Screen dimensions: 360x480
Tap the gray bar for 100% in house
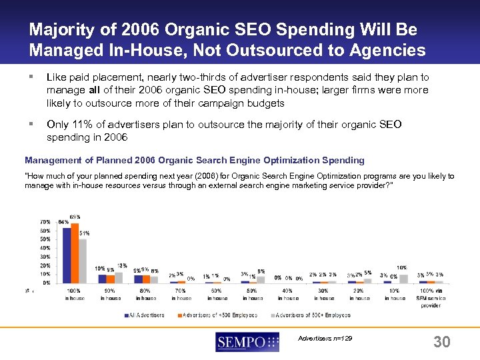pos(82,261)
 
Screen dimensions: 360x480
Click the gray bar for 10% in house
pos(403,278)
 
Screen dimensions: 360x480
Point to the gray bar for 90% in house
pos(119,277)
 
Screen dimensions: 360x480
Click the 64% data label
pos(63,221)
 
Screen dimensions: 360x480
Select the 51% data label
pos(85,233)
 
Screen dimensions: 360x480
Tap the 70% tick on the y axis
pos(45,221)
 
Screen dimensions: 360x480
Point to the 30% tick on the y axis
pos(45,256)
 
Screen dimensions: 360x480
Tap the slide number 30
pos(441,342)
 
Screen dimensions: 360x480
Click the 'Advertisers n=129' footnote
pos(325,339)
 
